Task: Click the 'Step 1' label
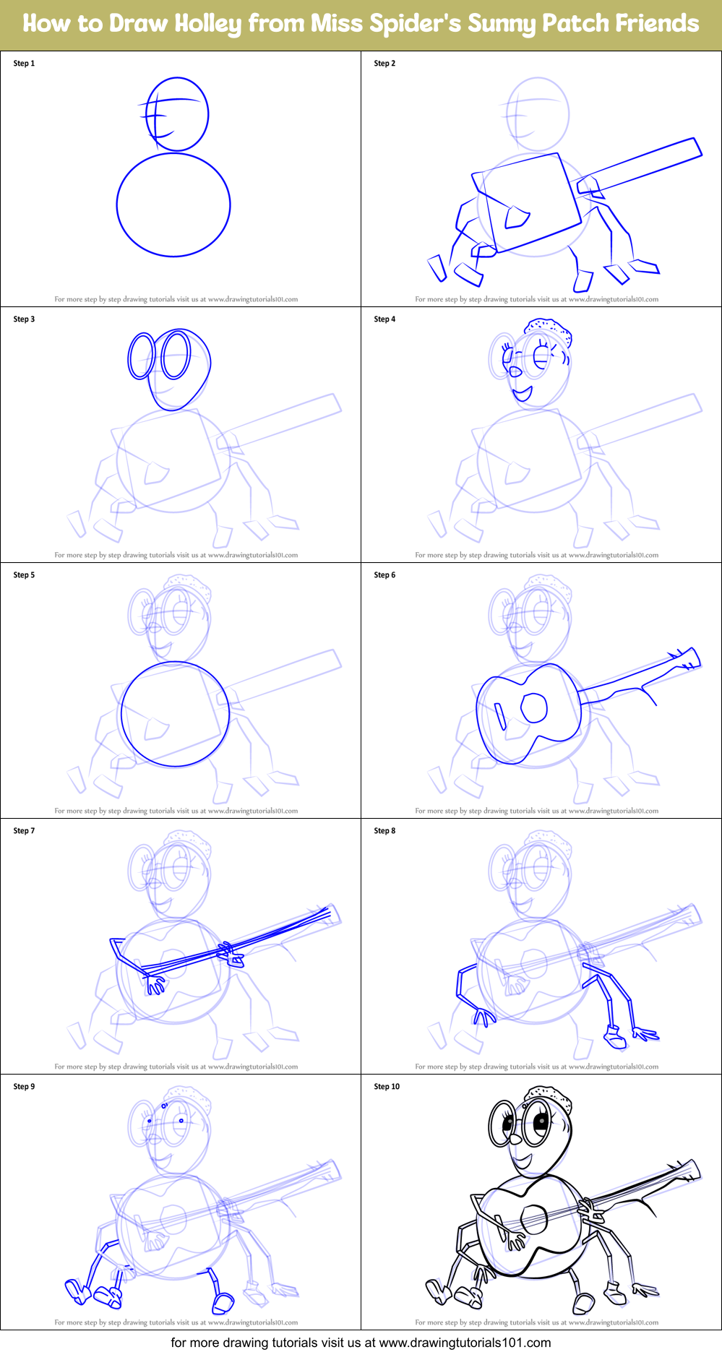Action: point(24,64)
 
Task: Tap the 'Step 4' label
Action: point(384,319)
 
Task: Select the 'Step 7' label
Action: point(24,831)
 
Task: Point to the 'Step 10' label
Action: point(387,1087)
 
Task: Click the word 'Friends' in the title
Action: point(657,24)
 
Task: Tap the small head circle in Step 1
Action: point(178,114)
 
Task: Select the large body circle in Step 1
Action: point(173,204)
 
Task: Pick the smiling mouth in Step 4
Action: point(521,395)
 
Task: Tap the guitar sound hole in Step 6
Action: point(534,708)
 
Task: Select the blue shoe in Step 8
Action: point(614,1038)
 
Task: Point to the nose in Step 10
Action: point(515,1140)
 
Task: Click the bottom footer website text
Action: point(361,1343)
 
